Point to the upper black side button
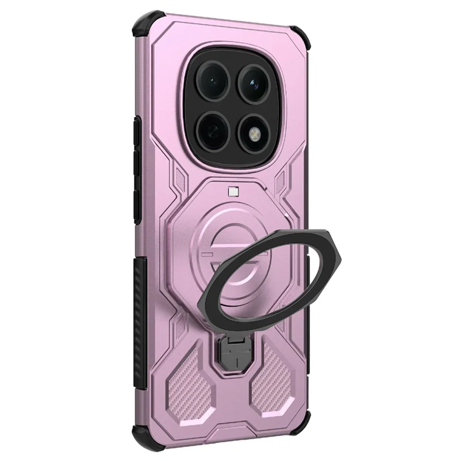tap(137, 138)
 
